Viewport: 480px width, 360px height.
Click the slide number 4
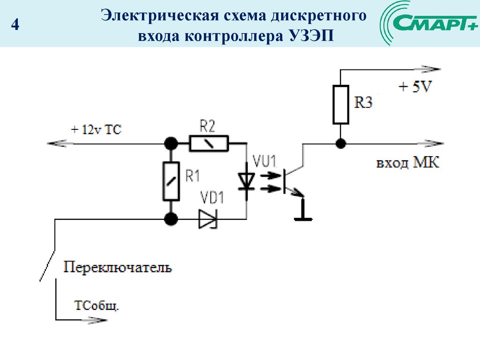coord(15,24)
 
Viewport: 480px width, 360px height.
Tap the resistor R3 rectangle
coord(341,104)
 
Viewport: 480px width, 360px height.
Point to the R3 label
coord(363,102)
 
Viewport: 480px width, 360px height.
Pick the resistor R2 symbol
coord(209,143)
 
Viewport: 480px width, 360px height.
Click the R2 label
coord(207,126)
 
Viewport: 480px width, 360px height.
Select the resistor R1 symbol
coord(172,180)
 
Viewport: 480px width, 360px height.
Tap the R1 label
coord(193,176)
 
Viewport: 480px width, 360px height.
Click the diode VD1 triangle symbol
coord(207,219)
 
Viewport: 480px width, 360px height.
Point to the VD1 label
coord(211,197)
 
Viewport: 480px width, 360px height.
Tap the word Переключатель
coord(118,268)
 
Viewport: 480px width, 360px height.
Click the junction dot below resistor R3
coord(341,143)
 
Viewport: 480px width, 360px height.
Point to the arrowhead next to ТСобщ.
coord(97,321)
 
